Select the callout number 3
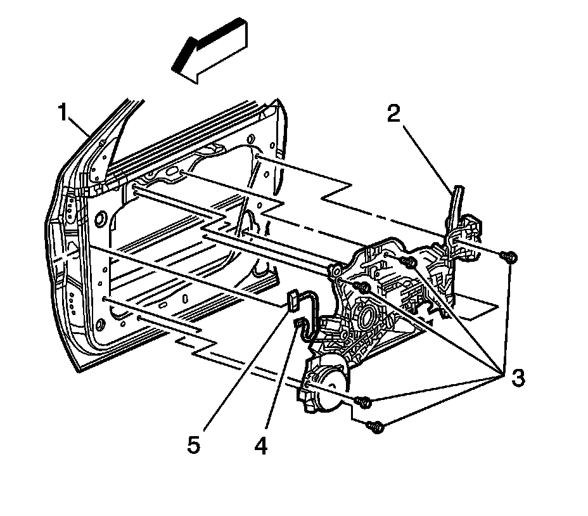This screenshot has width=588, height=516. [x=518, y=378]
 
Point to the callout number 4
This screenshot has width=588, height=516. [x=260, y=446]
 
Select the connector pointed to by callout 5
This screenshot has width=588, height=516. [x=293, y=300]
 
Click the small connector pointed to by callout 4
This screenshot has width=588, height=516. [x=297, y=325]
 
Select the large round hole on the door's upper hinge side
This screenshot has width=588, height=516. [x=99, y=220]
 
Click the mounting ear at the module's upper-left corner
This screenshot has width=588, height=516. [x=333, y=271]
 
